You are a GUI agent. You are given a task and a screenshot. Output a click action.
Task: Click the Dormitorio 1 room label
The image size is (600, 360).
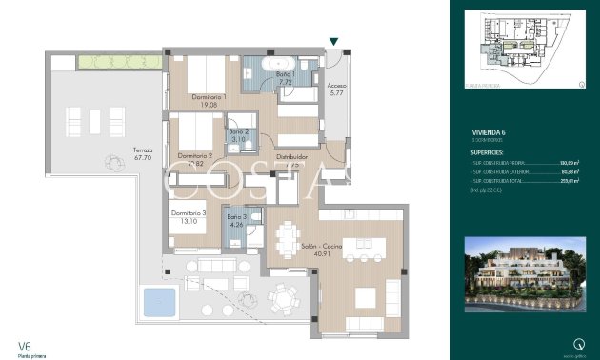coord(210,97)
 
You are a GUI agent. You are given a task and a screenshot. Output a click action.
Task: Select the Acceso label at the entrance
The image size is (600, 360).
coord(337,86)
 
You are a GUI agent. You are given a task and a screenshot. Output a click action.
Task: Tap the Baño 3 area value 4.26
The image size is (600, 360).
coord(236,226)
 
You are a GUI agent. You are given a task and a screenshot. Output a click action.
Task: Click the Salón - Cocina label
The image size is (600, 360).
coord(296,246)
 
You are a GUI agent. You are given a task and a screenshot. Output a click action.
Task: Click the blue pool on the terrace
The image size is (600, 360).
coord(158,303)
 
